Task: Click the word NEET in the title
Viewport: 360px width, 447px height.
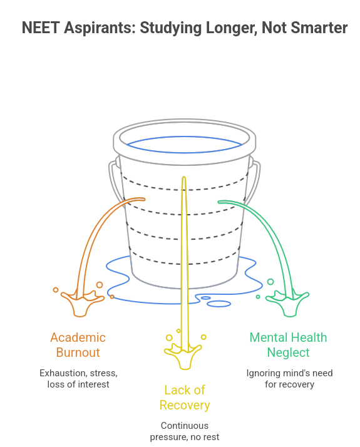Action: (41, 28)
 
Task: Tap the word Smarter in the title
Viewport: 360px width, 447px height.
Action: (319, 28)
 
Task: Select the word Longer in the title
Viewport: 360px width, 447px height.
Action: (232, 29)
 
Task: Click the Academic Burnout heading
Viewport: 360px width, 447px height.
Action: (78, 345)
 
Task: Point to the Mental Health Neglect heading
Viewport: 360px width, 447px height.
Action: (288, 345)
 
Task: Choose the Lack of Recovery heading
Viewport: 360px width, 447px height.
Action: (185, 398)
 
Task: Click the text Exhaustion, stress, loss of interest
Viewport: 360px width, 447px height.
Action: (78, 379)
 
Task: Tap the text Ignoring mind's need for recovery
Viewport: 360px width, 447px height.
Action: (289, 379)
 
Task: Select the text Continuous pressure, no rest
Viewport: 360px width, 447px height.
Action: (185, 431)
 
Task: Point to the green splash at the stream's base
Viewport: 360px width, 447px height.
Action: (289, 304)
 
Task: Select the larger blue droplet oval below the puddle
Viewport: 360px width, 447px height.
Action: (219, 304)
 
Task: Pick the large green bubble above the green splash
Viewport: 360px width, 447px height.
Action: (270, 282)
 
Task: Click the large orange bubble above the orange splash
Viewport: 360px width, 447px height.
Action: (100, 284)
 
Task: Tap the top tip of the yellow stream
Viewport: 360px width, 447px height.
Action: (184, 177)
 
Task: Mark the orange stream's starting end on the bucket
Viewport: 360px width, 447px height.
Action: (143, 199)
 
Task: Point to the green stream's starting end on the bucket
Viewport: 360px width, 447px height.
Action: (220, 202)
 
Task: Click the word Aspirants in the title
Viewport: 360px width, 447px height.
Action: (100, 29)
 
